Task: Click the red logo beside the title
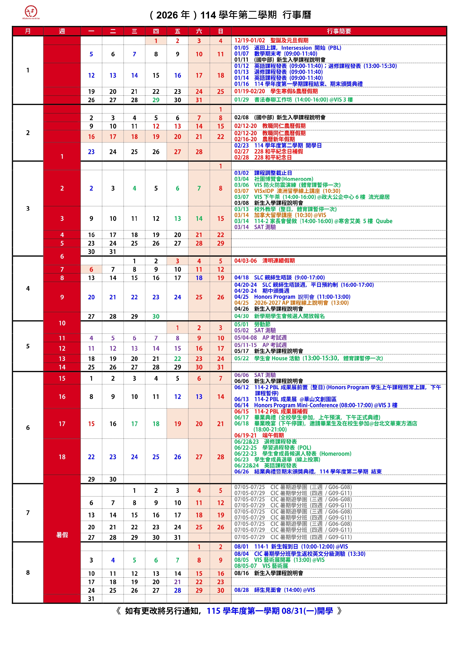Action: click(x=31, y=12)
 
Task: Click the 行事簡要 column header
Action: click(x=339, y=31)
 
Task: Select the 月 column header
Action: click(x=28, y=31)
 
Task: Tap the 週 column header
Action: click(x=62, y=31)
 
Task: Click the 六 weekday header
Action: click(x=199, y=31)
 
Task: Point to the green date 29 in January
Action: click(x=156, y=100)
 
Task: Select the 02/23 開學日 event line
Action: click(x=278, y=146)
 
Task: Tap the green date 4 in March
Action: click(x=134, y=188)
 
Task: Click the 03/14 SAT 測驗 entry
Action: click(x=255, y=227)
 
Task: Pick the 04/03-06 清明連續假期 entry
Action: click(x=264, y=261)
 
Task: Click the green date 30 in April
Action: click(x=156, y=316)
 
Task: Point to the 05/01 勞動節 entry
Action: click(x=252, y=324)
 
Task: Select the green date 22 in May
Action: click(x=177, y=359)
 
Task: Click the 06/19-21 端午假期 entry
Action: click(x=259, y=435)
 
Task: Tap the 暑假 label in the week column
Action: click(x=62, y=535)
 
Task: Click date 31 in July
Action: click(x=177, y=537)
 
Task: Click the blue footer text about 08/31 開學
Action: click(x=270, y=611)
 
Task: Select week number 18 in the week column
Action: click(x=62, y=457)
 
